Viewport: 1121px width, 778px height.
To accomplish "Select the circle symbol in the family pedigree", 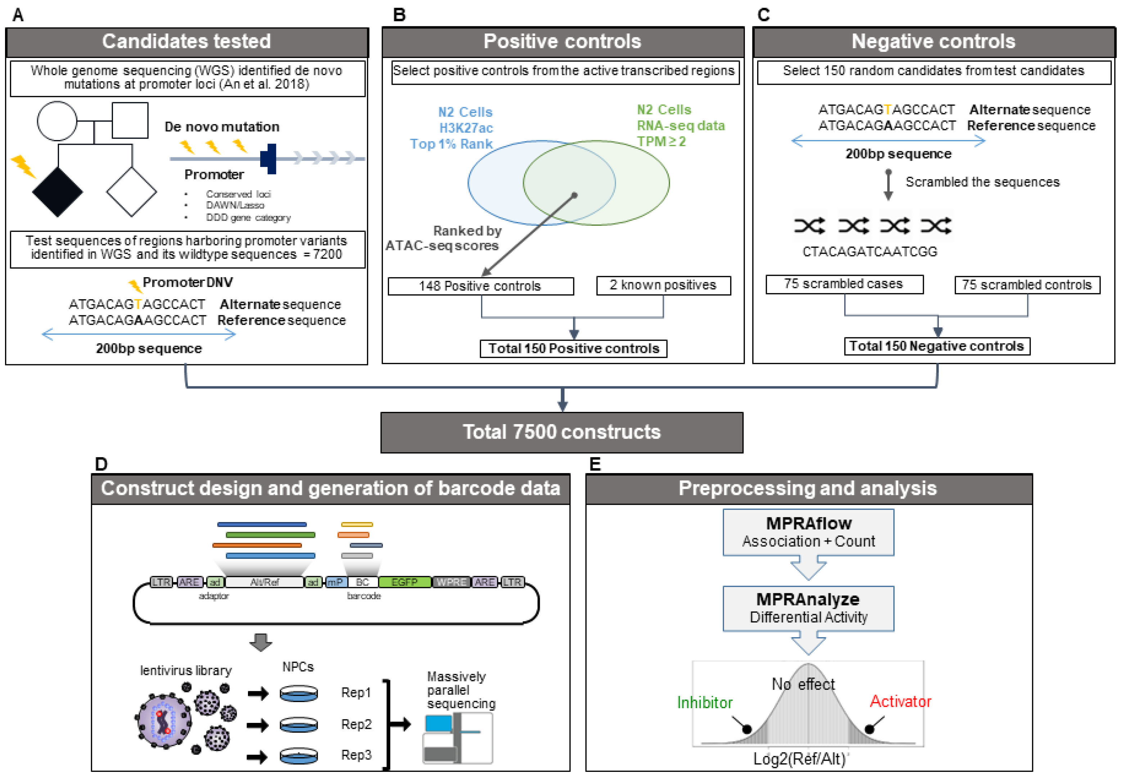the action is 57,121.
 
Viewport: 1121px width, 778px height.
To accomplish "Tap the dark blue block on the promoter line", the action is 268,158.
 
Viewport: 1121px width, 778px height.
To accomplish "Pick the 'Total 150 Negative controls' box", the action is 936,346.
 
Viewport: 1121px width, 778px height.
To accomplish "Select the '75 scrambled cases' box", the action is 844,284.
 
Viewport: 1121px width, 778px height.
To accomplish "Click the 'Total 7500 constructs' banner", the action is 562,432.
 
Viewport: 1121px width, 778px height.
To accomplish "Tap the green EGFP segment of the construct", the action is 404,582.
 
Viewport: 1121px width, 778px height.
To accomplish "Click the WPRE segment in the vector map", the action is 451,582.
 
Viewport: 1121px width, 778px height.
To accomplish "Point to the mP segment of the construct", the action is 335,582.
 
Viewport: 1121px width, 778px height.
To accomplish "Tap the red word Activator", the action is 900,701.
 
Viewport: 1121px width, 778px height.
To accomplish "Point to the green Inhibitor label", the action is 705,702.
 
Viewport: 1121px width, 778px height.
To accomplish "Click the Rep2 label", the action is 356,724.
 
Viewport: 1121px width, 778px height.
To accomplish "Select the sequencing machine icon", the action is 457,738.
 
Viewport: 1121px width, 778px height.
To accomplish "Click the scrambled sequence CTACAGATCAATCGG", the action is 869,252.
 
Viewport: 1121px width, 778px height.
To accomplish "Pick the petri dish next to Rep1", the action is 299,693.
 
